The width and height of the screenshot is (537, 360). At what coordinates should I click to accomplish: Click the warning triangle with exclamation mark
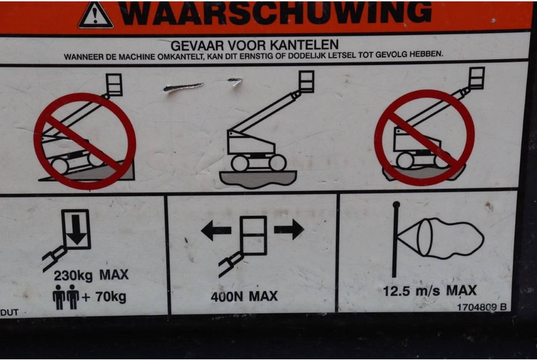tap(95, 15)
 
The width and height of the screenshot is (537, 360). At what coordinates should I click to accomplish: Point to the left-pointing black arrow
tap(215, 230)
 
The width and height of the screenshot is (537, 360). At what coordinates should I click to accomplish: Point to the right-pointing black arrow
tap(289, 229)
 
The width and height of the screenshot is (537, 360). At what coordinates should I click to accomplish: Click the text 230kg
tap(73, 276)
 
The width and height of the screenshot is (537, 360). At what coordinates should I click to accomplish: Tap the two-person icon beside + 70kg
tap(66, 297)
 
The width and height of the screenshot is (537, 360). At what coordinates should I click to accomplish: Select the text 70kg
tap(111, 297)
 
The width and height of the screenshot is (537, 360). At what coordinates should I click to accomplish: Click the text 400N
tap(227, 297)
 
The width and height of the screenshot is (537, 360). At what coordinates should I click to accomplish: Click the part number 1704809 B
tap(482, 307)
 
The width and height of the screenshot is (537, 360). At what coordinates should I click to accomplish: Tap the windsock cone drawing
tap(441, 238)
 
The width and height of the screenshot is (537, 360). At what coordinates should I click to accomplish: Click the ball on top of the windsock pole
tap(396, 205)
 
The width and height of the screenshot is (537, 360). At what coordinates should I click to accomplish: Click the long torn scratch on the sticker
tap(183, 87)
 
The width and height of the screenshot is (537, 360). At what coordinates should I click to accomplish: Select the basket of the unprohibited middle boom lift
tap(306, 81)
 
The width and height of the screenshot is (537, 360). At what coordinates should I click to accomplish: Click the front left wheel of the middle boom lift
tap(240, 163)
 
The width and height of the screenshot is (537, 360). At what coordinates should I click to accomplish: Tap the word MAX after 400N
tap(263, 296)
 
